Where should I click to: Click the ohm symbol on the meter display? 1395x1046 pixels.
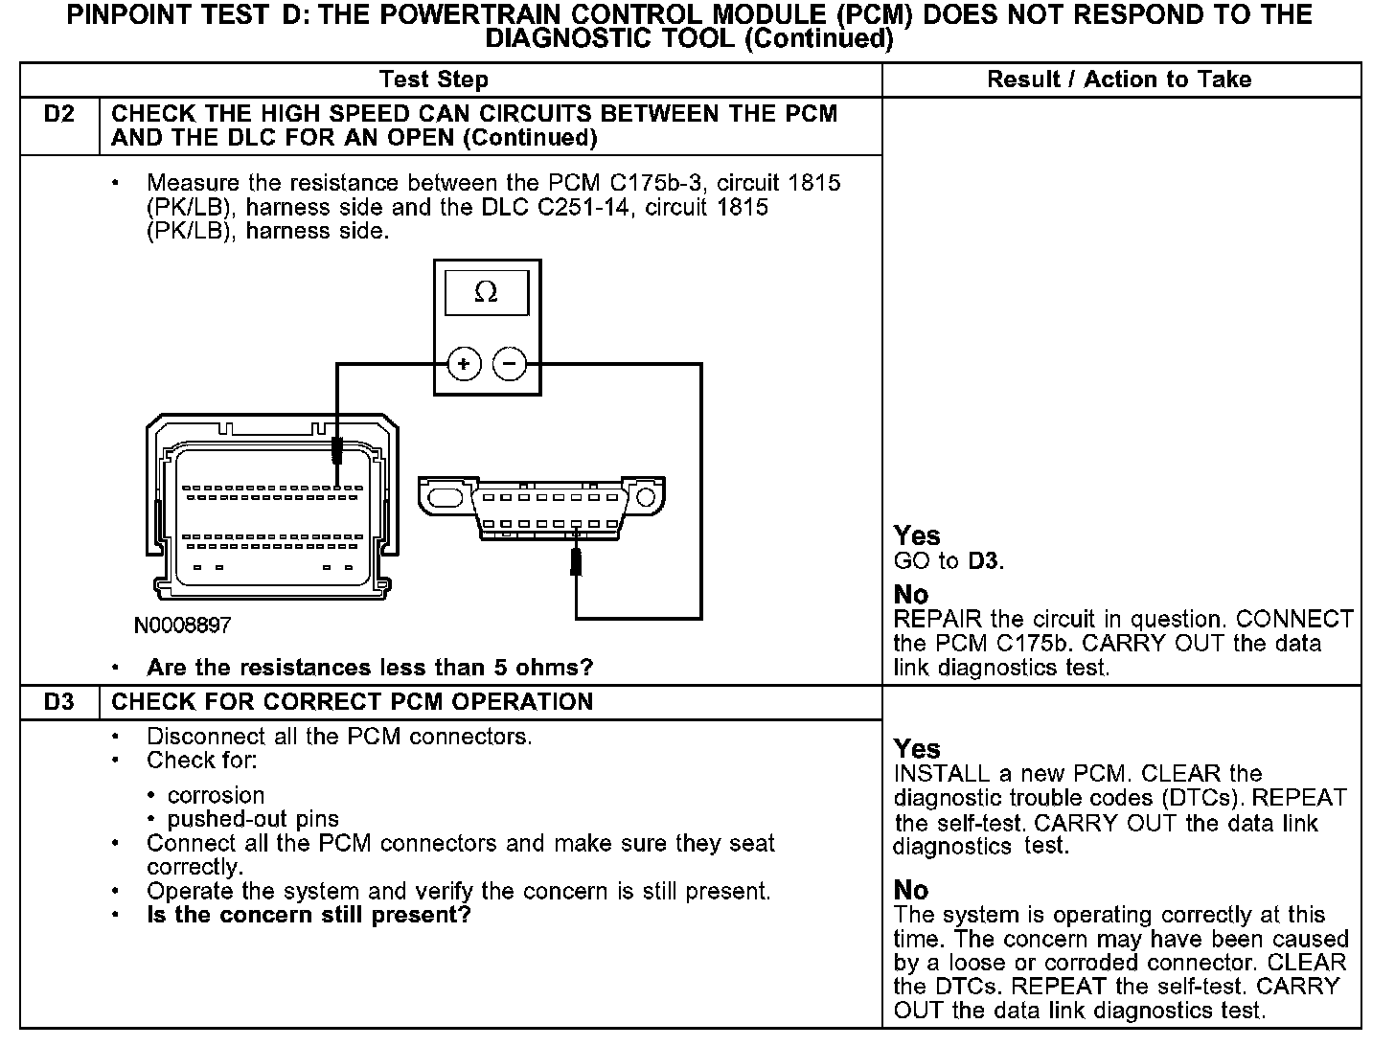[486, 293]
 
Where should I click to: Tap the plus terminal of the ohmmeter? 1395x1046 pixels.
[464, 364]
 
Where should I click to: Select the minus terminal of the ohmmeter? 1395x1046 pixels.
[510, 364]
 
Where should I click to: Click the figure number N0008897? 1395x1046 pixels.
[182, 625]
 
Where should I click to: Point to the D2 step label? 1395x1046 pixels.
[59, 114]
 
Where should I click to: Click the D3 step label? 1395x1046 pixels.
[59, 702]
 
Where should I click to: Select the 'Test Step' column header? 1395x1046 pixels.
[434, 80]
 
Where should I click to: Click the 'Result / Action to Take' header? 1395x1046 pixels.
[1119, 80]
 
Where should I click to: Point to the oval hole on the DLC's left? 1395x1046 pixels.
[445, 498]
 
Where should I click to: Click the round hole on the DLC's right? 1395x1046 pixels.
[646, 498]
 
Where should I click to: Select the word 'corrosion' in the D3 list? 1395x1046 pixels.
[216, 795]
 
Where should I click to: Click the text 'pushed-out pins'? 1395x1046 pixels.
[253, 819]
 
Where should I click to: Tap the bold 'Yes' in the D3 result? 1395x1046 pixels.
[917, 749]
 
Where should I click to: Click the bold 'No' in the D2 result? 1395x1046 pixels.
[910, 595]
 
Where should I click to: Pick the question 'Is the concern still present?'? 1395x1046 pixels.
[309, 915]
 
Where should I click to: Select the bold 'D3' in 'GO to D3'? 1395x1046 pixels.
[984, 561]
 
